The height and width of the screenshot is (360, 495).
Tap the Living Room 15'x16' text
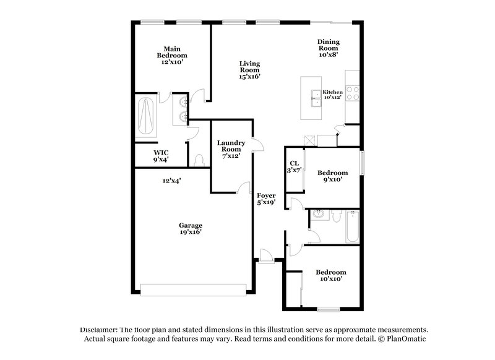[x=251, y=70]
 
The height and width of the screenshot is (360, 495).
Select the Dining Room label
[x=329, y=48]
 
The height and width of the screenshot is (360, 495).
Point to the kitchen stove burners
[x=353, y=93]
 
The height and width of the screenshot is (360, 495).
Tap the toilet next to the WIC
[x=199, y=160]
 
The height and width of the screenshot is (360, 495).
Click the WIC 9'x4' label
[x=161, y=156]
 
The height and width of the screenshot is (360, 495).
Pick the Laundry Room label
[x=231, y=149]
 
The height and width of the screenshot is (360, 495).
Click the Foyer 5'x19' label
[x=266, y=199]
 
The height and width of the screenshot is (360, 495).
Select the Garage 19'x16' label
[x=191, y=228]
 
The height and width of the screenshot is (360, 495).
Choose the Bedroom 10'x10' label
[x=330, y=275]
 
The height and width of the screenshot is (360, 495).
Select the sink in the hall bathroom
[x=317, y=215]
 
